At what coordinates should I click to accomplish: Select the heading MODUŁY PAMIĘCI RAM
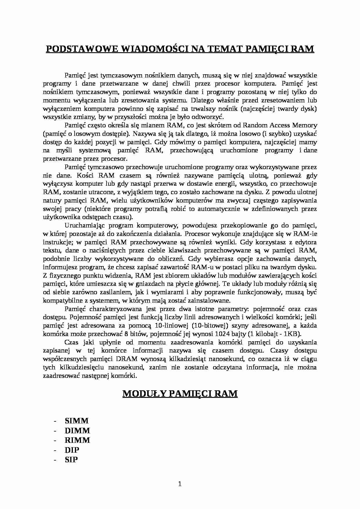tap(180, 394)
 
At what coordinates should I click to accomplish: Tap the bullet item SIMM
tap(76, 421)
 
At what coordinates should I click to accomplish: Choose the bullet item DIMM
tap(77, 431)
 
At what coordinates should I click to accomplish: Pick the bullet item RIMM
tap(77, 440)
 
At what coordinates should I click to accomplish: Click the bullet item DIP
tap(72, 450)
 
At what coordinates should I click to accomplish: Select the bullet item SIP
tap(71, 460)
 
